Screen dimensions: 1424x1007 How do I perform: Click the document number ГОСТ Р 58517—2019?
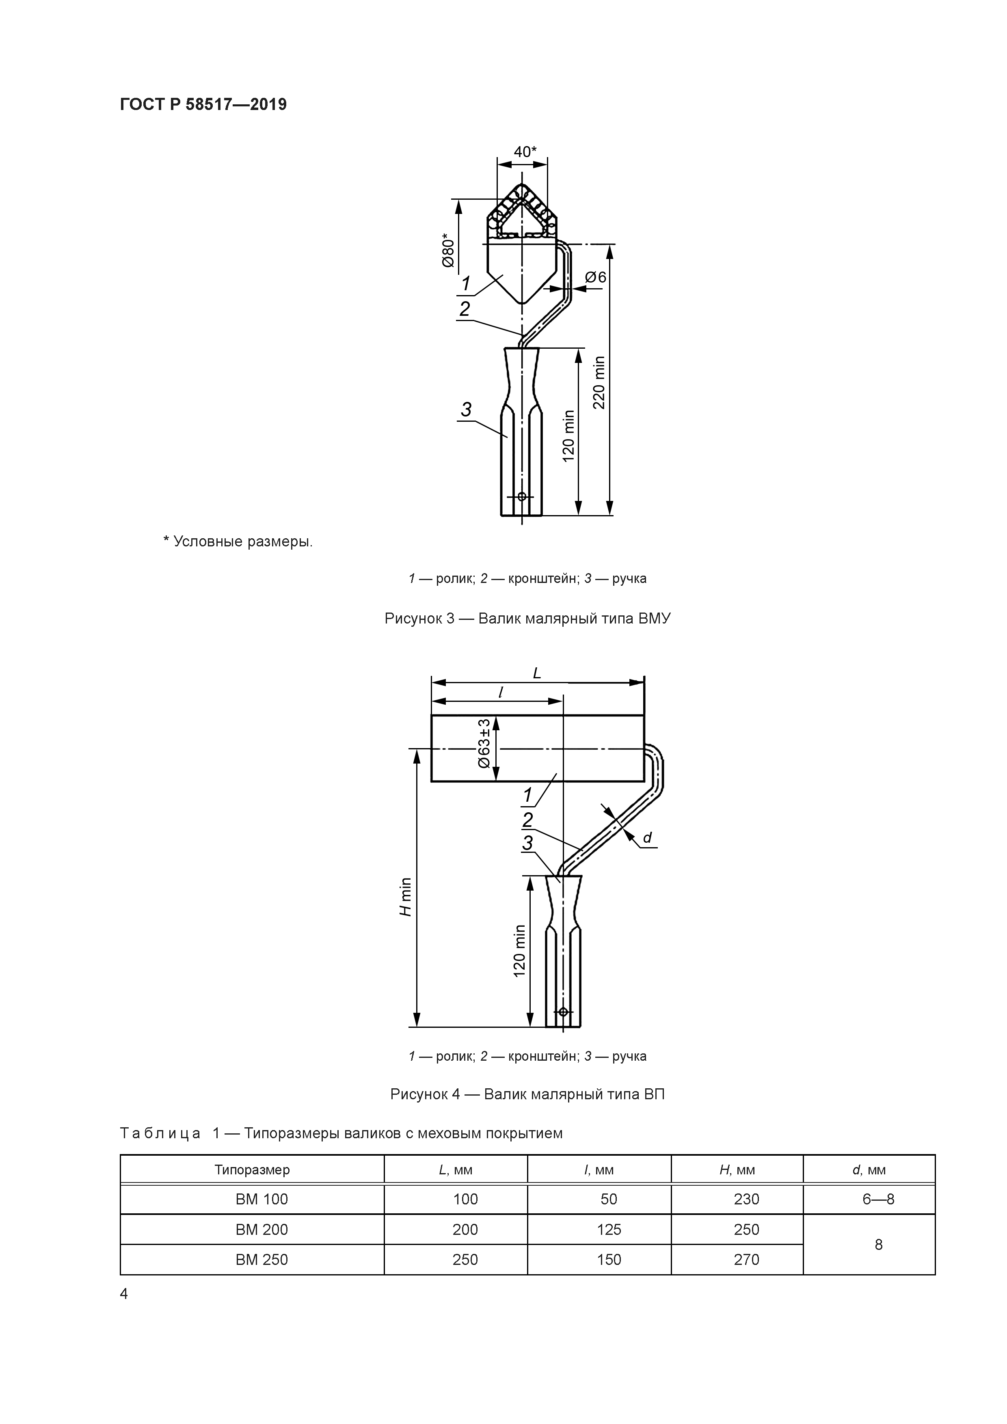coord(203,105)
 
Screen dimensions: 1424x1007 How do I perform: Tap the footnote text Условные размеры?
coord(238,542)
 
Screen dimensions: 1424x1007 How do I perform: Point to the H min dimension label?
coord(405,897)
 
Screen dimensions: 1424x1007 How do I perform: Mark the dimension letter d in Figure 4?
coord(647,838)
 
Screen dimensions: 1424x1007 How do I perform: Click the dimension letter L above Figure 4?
coord(537,673)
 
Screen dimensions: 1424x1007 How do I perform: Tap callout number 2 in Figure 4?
coord(527,820)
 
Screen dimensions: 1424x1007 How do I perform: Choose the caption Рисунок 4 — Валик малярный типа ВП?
coord(527,1094)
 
